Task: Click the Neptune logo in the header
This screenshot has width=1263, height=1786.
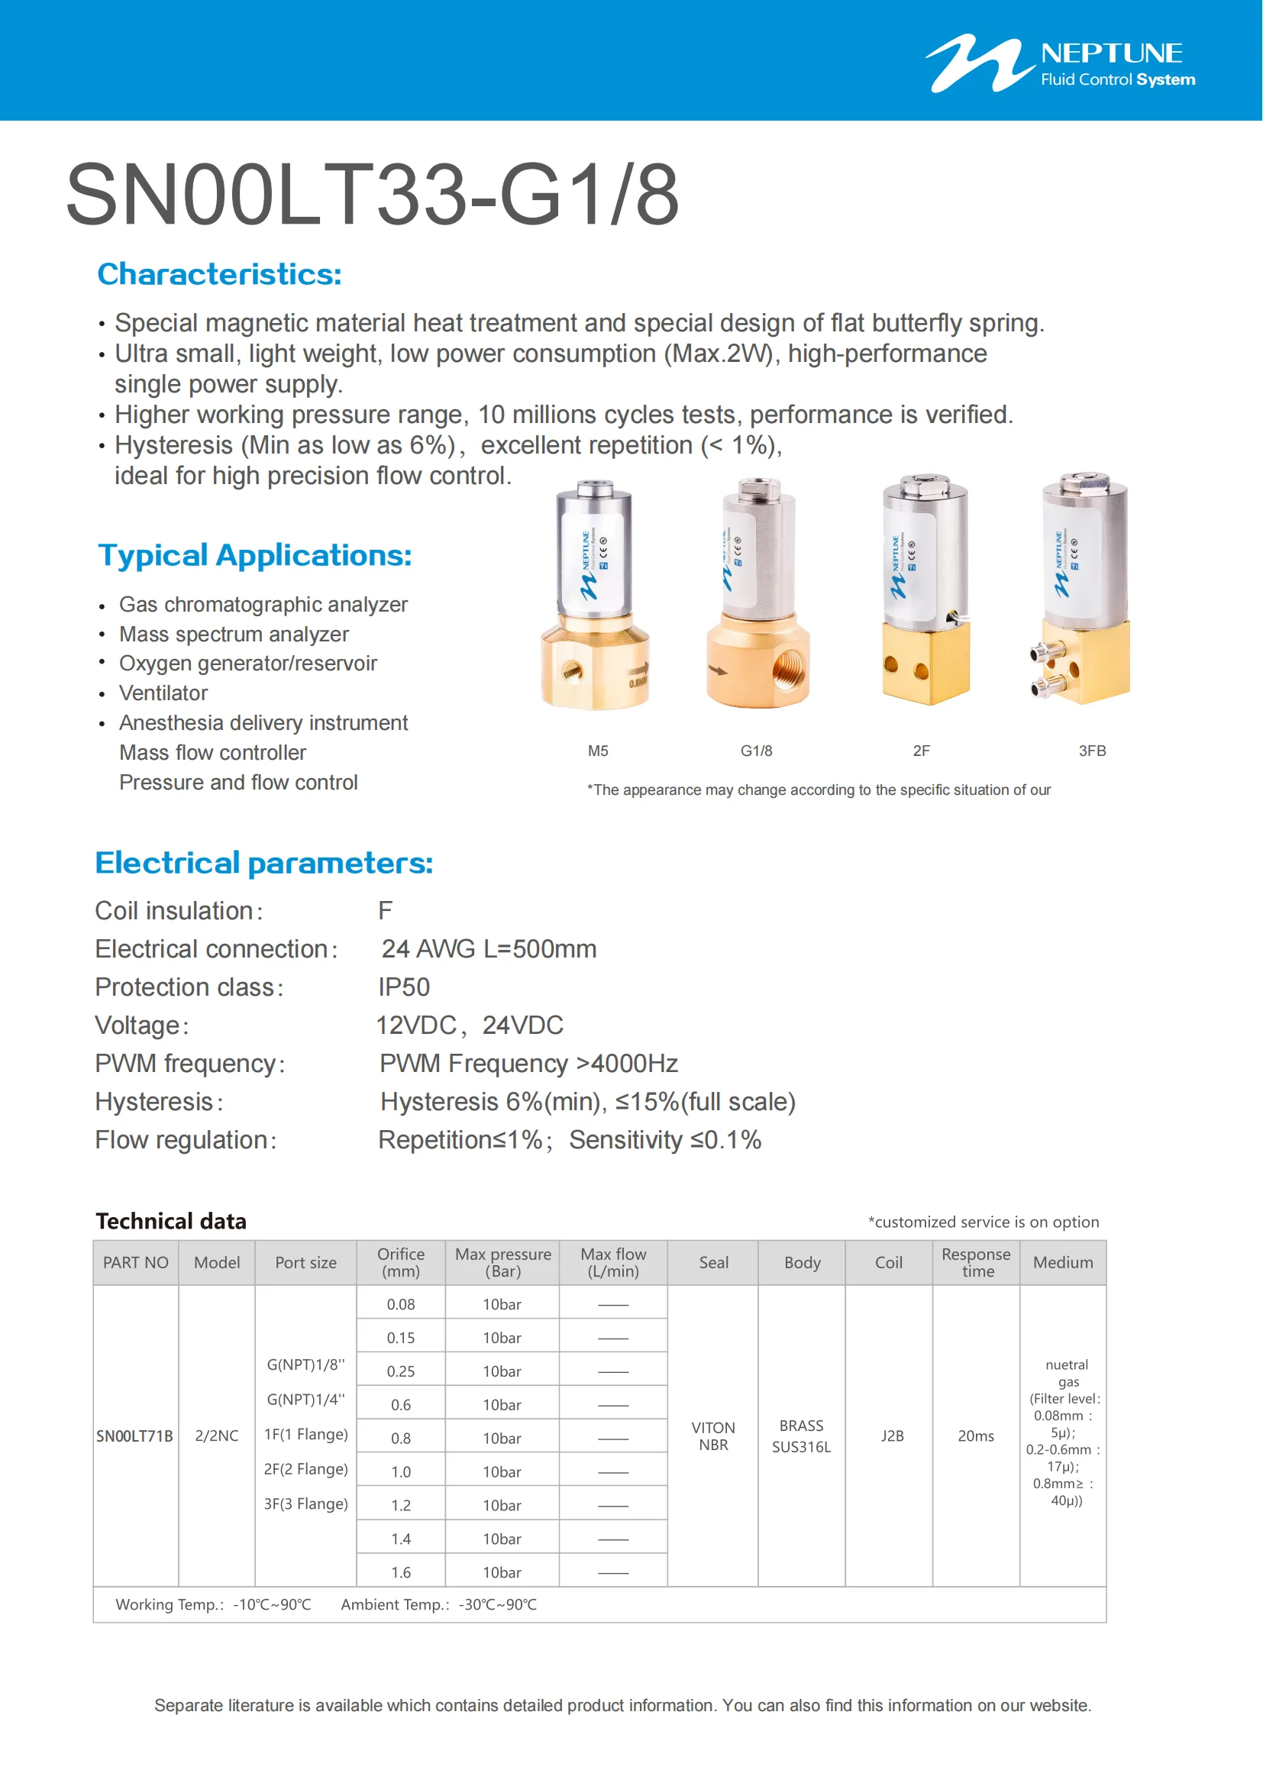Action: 1060,64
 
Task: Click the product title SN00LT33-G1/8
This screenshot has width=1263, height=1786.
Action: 373,195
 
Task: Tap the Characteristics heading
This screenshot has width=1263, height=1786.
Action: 219,275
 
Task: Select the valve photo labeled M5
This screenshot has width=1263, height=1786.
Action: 595,595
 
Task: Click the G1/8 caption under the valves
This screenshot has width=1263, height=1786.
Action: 756,751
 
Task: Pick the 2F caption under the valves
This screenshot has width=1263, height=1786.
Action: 921,751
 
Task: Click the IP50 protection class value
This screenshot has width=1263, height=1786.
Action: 404,987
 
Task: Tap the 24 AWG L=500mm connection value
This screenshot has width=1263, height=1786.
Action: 489,949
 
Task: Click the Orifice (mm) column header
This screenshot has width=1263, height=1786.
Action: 401,1262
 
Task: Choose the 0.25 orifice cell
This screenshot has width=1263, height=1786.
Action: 401,1371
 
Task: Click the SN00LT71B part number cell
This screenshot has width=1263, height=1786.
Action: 134,1436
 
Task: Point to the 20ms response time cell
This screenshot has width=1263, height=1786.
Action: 975,1436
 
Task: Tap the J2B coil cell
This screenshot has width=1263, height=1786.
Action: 892,1436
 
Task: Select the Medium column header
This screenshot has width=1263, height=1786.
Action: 1062,1262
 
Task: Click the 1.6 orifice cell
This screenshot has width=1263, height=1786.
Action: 401,1572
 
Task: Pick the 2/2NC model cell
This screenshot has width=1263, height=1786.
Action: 216,1436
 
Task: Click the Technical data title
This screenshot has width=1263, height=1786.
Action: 171,1221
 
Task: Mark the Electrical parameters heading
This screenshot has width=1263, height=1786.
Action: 263,864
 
